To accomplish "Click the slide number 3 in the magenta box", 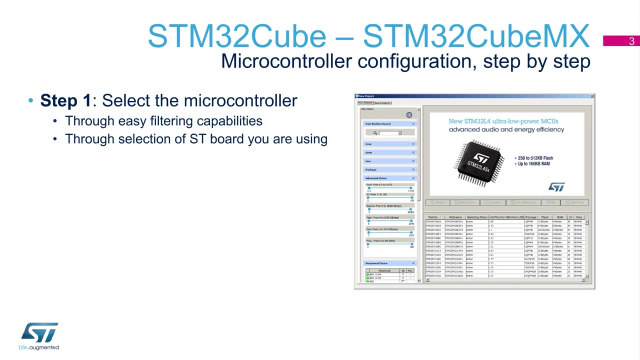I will (x=631, y=41).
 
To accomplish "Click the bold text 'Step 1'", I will (x=65, y=100).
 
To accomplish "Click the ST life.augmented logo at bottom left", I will (x=39, y=336).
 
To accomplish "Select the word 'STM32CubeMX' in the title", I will (x=475, y=36).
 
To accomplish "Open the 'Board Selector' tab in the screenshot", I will (x=383, y=103).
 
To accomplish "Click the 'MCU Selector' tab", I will (x=365, y=103).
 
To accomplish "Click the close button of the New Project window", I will (x=592, y=96).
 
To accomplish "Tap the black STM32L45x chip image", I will (x=479, y=163).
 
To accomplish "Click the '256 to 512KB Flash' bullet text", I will (x=535, y=158).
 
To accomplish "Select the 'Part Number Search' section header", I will (x=378, y=123).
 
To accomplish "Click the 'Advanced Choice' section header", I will (x=376, y=178).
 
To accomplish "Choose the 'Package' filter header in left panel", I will (x=370, y=169).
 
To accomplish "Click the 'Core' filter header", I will (x=368, y=144).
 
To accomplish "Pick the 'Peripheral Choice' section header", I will (x=376, y=263).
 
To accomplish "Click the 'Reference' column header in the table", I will (x=455, y=217).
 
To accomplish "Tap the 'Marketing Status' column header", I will (x=476, y=217).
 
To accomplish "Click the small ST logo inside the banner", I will (x=556, y=186).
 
